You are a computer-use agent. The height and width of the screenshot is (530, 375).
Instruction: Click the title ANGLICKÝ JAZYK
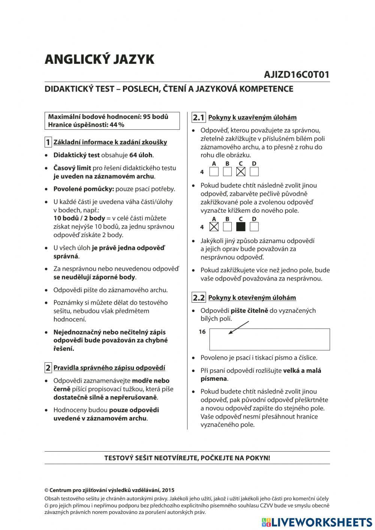click(99, 60)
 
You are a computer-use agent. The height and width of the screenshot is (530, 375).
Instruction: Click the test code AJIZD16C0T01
click(296, 75)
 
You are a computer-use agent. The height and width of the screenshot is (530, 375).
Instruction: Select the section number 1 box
click(48, 142)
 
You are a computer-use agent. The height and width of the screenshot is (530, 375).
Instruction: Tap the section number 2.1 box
click(198, 117)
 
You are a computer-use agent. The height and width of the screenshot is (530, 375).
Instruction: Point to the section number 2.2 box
click(198, 298)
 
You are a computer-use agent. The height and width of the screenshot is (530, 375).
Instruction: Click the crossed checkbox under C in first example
click(241, 172)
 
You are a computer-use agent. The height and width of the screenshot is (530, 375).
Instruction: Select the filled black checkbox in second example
click(241, 227)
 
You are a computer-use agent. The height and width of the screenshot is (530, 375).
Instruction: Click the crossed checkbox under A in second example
click(214, 227)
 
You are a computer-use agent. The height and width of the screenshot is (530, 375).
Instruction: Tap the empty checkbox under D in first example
click(254, 172)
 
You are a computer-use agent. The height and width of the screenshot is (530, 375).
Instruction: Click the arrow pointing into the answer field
click(238, 327)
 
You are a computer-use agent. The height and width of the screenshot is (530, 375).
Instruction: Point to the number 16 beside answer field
click(202, 332)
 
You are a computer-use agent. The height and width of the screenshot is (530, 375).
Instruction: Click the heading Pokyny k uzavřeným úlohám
click(252, 117)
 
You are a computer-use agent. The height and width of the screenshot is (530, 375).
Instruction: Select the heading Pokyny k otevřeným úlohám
click(252, 298)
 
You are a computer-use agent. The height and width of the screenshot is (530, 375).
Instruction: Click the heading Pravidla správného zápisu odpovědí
click(109, 368)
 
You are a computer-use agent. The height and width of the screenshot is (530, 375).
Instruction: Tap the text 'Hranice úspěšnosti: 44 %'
click(86, 125)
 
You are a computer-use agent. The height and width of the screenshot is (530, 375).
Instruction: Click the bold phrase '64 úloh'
click(141, 155)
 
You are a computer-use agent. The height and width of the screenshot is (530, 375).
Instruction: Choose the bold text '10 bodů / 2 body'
click(79, 218)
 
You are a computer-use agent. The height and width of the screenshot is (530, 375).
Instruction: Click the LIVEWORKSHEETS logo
click(317, 522)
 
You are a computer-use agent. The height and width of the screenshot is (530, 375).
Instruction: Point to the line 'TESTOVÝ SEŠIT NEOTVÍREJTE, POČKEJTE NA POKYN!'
click(187, 458)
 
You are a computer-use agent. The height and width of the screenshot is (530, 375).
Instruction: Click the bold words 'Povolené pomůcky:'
click(83, 189)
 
